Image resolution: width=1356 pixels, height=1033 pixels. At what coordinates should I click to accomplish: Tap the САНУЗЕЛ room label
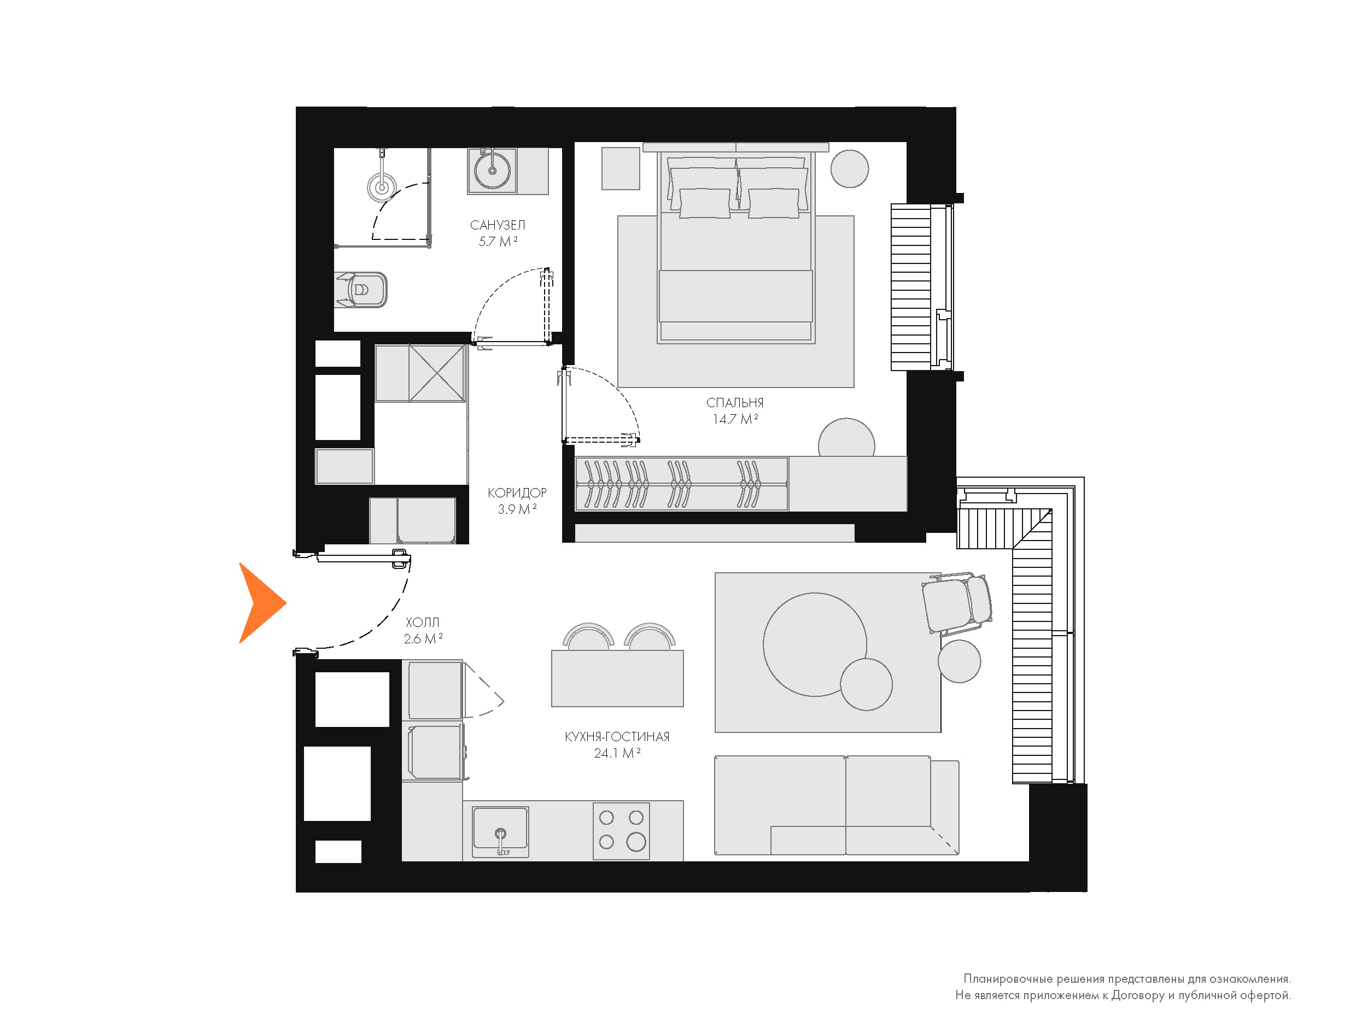tap(498, 225)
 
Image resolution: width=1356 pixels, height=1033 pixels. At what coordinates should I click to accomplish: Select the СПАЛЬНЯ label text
tap(735, 403)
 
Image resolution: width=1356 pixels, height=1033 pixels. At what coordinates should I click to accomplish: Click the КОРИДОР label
tap(517, 492)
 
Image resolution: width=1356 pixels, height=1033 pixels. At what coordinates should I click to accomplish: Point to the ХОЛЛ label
tap(423, 622)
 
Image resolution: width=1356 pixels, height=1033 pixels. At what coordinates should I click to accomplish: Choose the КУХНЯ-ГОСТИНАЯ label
tap(617, 737)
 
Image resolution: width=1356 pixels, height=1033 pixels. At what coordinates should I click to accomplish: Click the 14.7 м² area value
tap(735, 419)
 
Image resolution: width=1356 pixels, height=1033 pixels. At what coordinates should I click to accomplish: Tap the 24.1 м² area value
tap(617, 753)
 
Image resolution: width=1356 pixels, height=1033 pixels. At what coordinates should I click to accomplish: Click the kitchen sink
tap(500, 831)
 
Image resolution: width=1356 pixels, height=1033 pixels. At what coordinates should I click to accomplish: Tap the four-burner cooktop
tap(621, 831)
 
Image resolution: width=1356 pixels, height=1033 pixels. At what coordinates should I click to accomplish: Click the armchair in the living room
tap(957, 603)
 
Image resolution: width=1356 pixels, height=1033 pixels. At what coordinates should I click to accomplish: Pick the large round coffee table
tap(814, 644)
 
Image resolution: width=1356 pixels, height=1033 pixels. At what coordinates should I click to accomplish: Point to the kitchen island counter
tap(617, 678)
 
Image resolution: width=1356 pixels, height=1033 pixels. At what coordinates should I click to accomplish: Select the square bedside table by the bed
tap(621, 168)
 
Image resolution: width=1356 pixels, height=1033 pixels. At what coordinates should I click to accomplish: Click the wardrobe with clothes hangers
tap(681, 484)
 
